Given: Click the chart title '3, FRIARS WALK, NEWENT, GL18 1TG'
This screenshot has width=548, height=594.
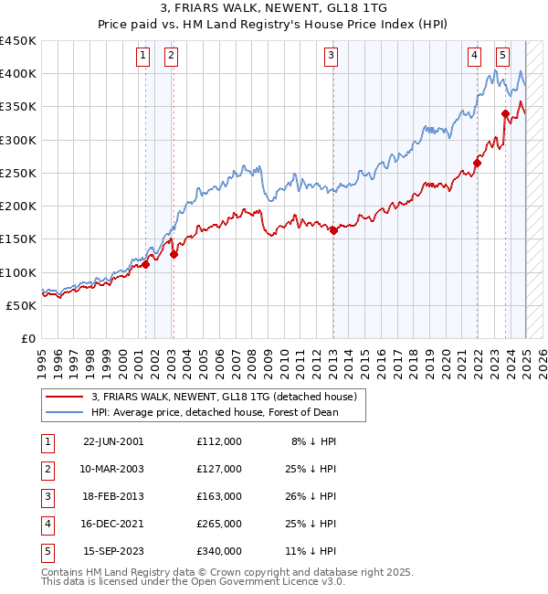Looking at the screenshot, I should point(273,7).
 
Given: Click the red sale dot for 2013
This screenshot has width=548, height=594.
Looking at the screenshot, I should point(333,230).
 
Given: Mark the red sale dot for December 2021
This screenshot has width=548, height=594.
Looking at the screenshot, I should point(477,164).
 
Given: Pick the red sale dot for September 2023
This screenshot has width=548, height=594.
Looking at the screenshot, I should point(505,113).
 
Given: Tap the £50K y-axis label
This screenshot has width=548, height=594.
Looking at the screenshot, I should point(21,305).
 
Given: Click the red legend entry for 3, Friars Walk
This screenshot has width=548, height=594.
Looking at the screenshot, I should point(228,397).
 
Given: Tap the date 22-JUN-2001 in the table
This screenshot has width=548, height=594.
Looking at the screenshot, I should point(113,441).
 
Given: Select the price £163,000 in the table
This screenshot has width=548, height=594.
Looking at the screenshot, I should point(219,496).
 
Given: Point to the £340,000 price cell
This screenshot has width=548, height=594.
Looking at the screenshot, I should point(219,551).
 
